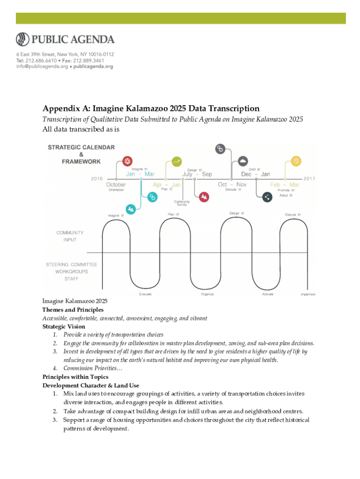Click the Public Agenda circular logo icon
23,39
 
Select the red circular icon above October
127,161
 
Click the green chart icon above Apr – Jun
177,161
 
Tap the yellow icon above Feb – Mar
295,161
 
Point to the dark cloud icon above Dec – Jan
243,161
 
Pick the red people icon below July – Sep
204,197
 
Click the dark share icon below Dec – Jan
267,197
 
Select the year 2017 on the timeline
309,178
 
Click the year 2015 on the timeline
97,178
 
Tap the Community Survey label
182,203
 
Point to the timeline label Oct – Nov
232,184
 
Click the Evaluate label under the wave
145,294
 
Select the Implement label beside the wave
308,294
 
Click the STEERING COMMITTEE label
72,264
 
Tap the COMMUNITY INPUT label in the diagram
70,236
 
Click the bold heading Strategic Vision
64,327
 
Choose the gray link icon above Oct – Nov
220,149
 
